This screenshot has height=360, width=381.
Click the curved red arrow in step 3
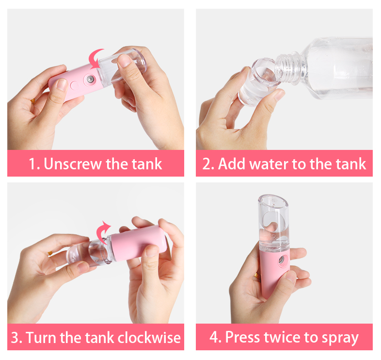click(x=103, y=231)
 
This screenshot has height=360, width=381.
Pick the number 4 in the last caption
click(x=214, y=337)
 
